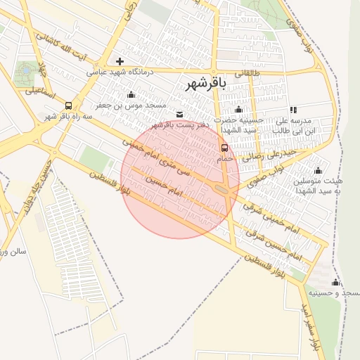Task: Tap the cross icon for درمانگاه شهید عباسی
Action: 120,61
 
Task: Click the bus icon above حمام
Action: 224,148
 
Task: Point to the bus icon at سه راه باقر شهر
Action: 68,105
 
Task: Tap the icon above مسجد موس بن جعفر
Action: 131,95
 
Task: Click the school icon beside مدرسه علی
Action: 293,110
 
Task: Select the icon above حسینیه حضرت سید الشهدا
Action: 238,109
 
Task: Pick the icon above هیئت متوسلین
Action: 318,170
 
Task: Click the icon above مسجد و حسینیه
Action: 335,282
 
